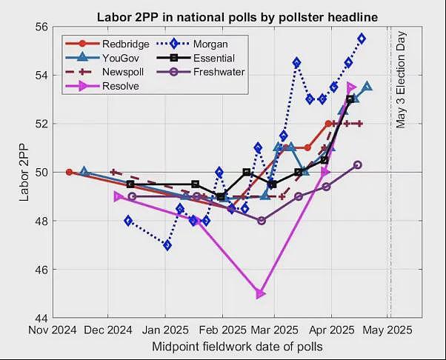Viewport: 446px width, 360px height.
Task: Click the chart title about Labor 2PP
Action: click(x=238, y=17)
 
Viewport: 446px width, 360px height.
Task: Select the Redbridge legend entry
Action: click(x=107, y=44)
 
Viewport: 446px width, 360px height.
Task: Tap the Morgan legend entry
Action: click(x=192, y=44)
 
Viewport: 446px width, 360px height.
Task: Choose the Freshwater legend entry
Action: click(x=201, y=72)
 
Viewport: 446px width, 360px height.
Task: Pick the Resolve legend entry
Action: click(x=102, y=86)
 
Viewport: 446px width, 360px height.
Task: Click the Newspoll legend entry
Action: click(x=104, y=72)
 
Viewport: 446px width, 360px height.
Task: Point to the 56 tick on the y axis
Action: click(x=41, y=27)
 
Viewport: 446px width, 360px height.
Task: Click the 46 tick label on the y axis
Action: click(x=41, y=270)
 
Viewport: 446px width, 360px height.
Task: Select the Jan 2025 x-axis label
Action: click(x=165, y=330)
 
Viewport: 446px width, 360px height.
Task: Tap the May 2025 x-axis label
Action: click(x=387, y=330)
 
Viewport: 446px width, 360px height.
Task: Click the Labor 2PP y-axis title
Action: click(x=24, y=172)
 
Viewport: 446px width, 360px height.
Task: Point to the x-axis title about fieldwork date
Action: click(x=238, y=347)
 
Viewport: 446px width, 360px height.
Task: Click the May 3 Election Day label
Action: click(x=401, y=79)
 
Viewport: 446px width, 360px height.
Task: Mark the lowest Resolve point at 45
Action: click(x=260, y=293)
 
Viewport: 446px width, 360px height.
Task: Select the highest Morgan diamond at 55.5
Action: click(x=362, y=39)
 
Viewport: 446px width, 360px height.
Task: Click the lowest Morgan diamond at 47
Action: click(x=167, y=245)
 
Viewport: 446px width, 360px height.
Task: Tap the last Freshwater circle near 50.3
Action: click(x=358, y=165)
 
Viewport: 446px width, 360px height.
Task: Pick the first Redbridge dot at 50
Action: click(x=69, y=172)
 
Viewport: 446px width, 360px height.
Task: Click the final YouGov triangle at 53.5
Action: click(x=367, y=86)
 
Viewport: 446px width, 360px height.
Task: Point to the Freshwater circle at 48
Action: click(x=262, y=221)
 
